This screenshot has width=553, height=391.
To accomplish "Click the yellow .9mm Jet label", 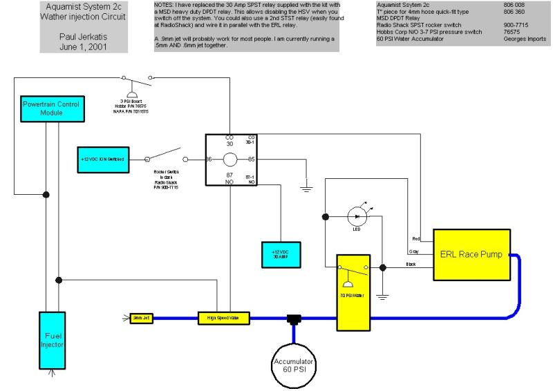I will click(142, 318).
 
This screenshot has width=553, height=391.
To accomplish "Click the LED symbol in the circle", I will click(357, 216).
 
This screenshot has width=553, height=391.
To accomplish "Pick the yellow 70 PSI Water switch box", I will click(354, 292).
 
